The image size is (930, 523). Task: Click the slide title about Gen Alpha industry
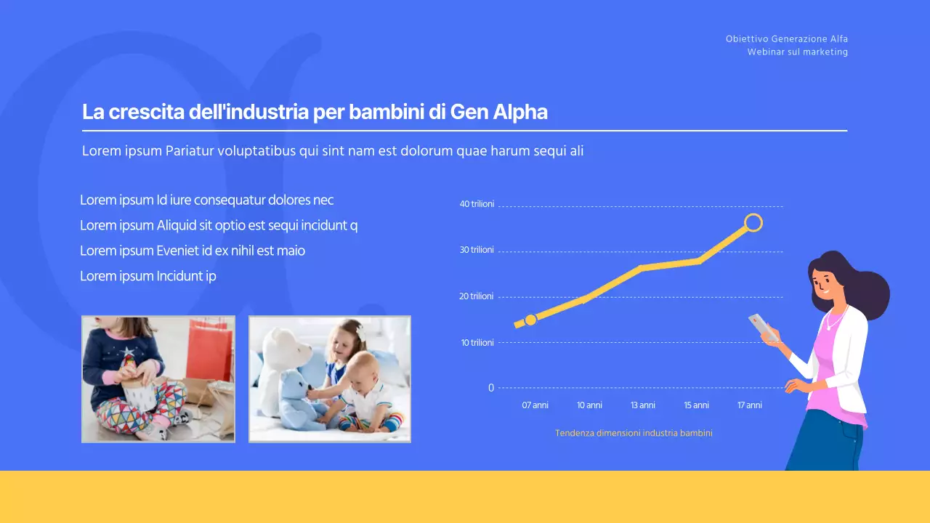point(315,113)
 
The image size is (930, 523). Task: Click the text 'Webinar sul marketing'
point(797,52)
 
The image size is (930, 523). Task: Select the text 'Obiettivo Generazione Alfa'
point(786,39)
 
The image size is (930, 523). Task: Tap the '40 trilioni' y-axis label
point(477,204)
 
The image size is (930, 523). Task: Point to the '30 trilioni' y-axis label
point(477,250)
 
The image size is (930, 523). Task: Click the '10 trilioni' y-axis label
point(477,342)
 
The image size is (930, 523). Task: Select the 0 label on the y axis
point(491,388)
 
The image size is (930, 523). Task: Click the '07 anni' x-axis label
point(535,405)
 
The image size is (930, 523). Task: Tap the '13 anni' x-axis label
point(643,405)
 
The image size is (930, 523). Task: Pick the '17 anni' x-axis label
point(750,405)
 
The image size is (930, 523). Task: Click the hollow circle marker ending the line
point(753,222)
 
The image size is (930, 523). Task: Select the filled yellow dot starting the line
point(530,320)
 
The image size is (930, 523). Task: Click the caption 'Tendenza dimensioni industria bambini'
point(634,433)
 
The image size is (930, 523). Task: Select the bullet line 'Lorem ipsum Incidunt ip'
point(148,276)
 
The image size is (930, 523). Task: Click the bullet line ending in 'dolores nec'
point(207,200)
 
